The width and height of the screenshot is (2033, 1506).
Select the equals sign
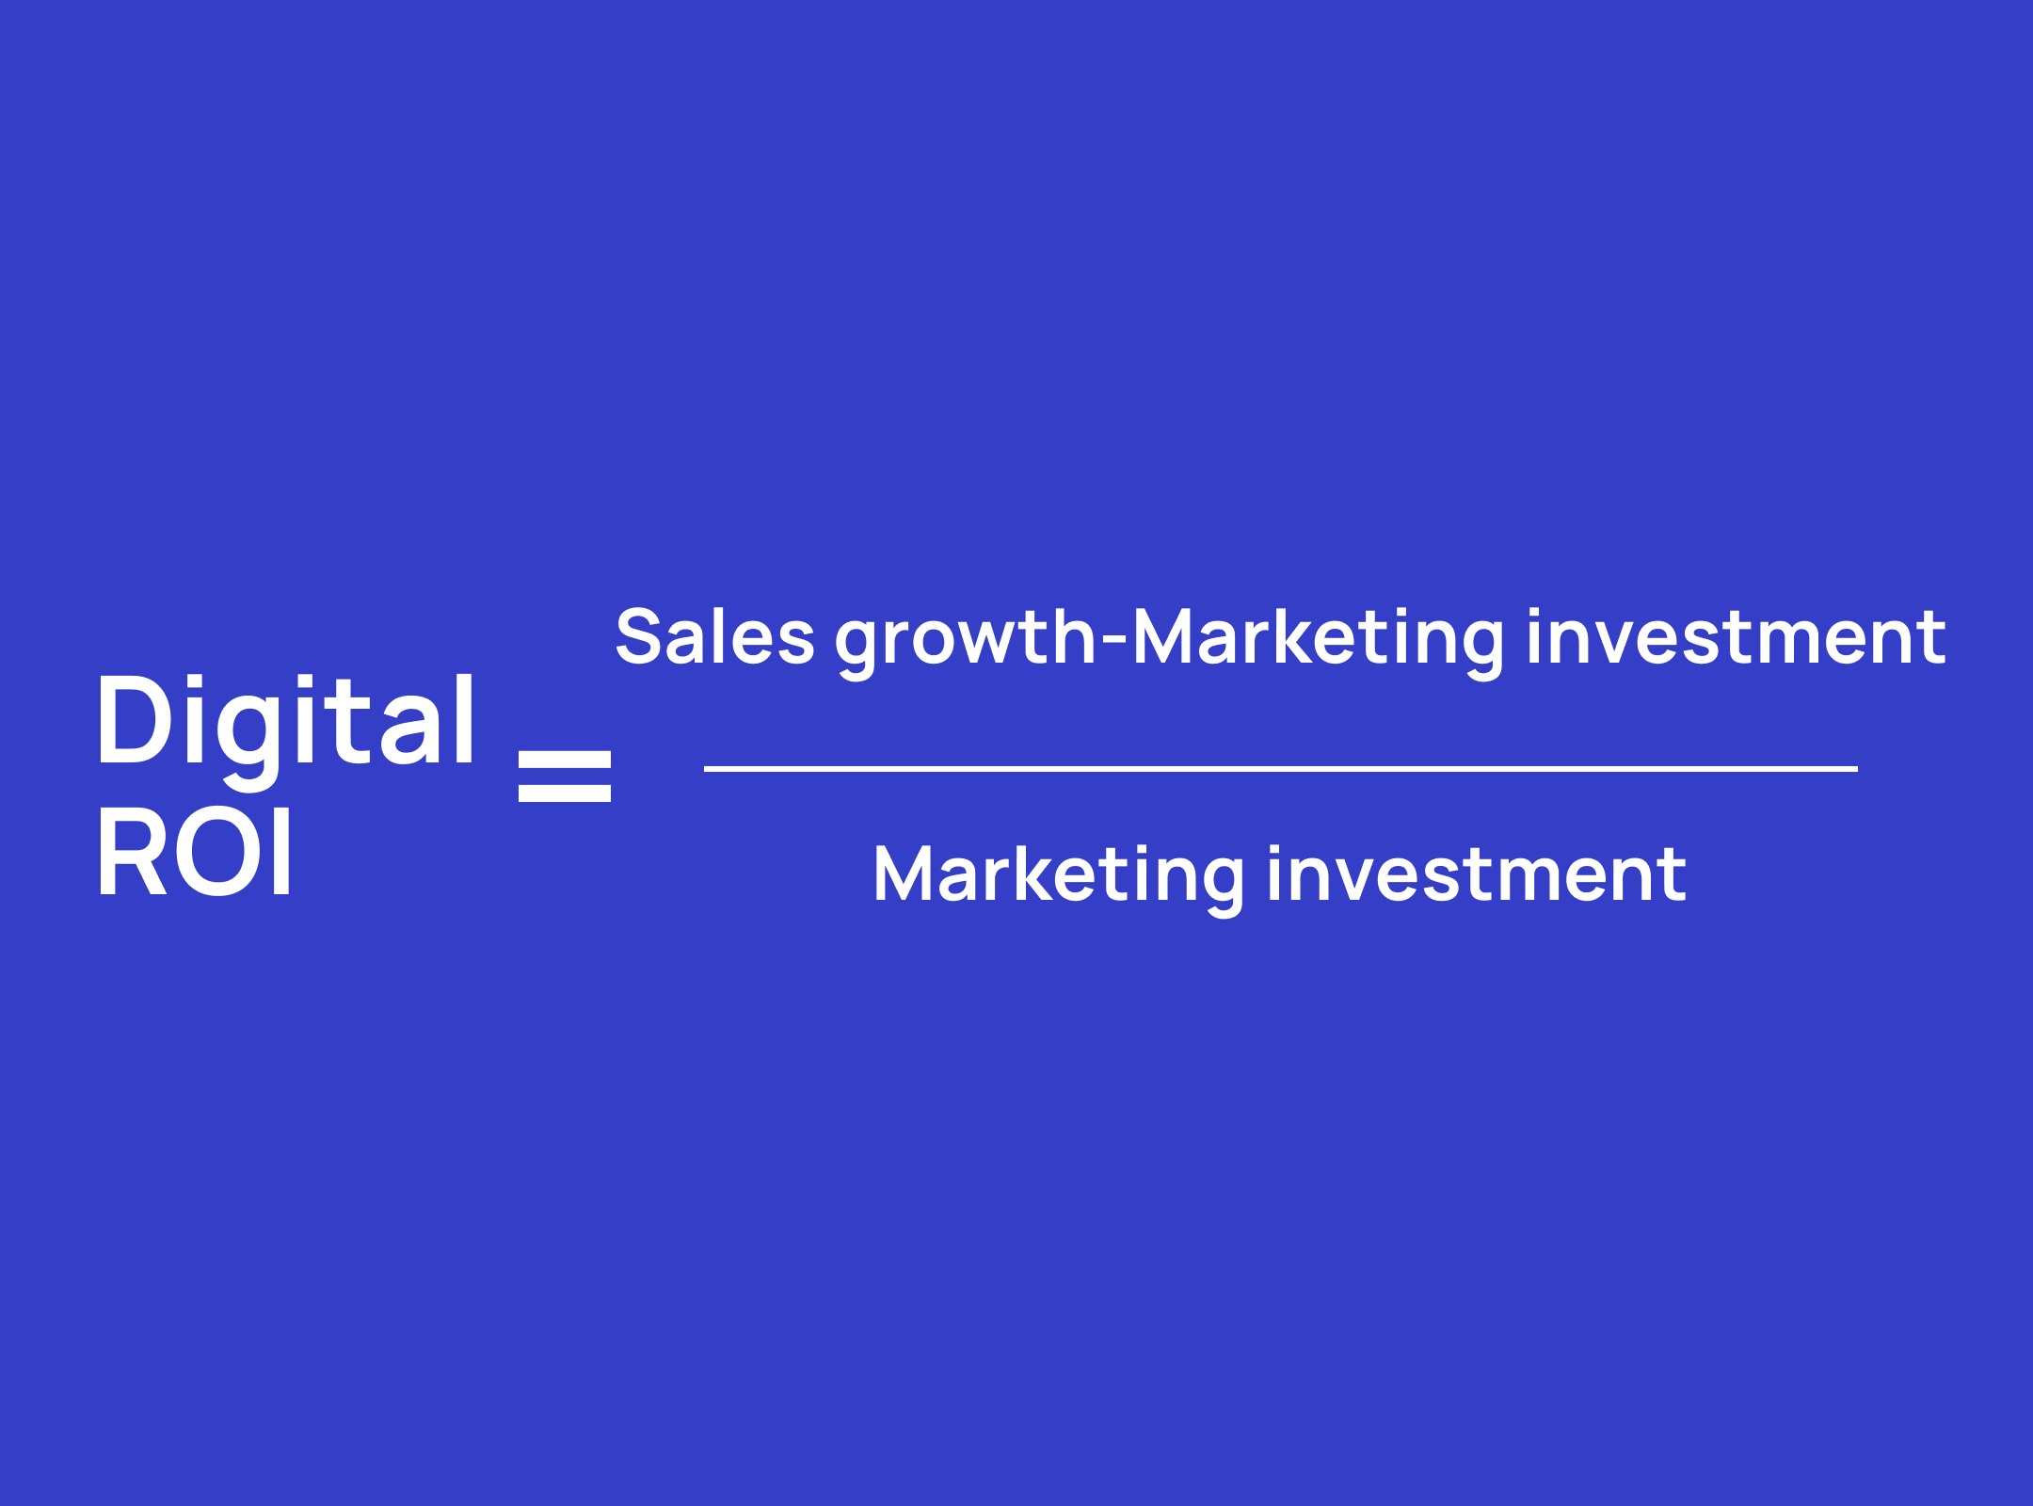pyautogui.click(x=565, y=777)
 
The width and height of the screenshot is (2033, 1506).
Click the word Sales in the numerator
pyautogui.click(x=714, y=636)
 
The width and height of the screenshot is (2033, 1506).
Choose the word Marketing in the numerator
pyautogui.click(x=1318, y=643)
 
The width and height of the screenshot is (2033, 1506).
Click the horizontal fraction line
pyautogui.click(x=1281, y=769)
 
